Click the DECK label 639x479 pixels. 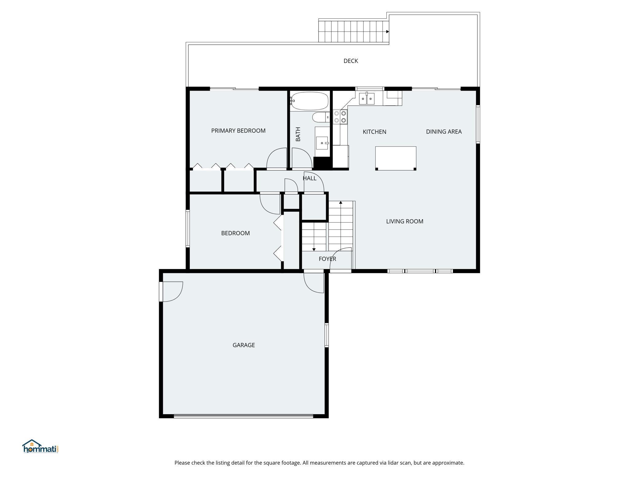point(351,61)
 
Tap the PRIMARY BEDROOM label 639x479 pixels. point(238,130)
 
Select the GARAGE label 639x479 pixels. point(244,345)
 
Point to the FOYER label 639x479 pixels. point(327,259)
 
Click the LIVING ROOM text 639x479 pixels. point(405,221)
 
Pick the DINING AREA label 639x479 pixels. point(444,132)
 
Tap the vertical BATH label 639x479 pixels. point(298,134)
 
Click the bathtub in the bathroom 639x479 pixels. point(309,101)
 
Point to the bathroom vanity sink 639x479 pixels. point(322,143)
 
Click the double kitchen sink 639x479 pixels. point(367,99)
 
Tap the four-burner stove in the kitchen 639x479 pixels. point(340,117)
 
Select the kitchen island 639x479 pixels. point(396,158)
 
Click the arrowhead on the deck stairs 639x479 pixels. point(388,32)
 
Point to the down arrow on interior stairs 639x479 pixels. point(314,249)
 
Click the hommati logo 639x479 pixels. point(41,446)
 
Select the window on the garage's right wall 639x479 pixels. point(327,335)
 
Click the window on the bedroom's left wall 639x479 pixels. point(188,228)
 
